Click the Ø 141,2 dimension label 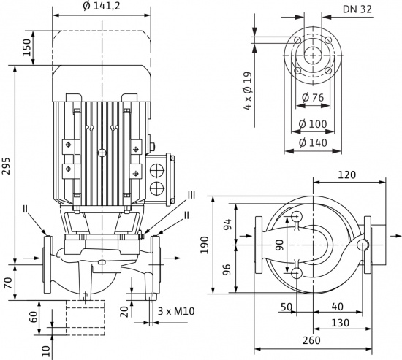(x=102, y=6)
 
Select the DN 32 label (x=357, y=9)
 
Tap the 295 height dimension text (x=6, y=166)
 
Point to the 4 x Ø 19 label (x=248, y=91)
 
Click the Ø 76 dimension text (x=313, y=97)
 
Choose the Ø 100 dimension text (x=313, y=124)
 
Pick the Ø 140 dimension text (x=313, y=142)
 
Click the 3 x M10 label (x=176, y=311)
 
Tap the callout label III (x=190, y=195)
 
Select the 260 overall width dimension (x=311, y=340)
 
